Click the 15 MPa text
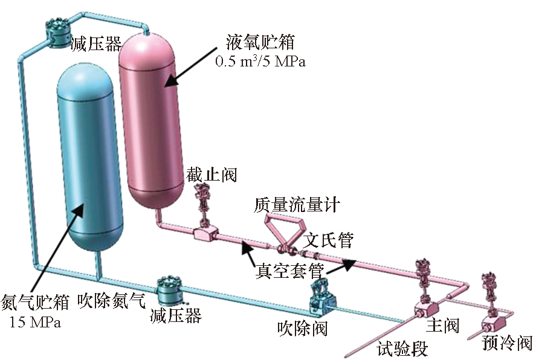tap(36, 322)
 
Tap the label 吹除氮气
tap(112, 301)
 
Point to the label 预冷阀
tap(508, 343)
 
